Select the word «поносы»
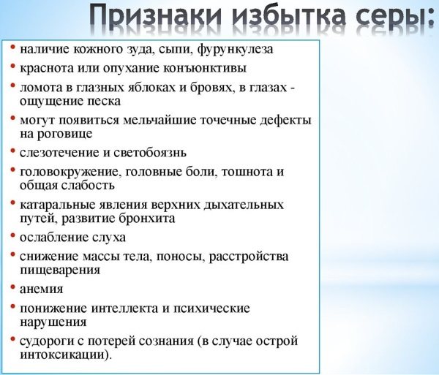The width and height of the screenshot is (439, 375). click(170, 256)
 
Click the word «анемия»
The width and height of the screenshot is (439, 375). click(42, 289)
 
